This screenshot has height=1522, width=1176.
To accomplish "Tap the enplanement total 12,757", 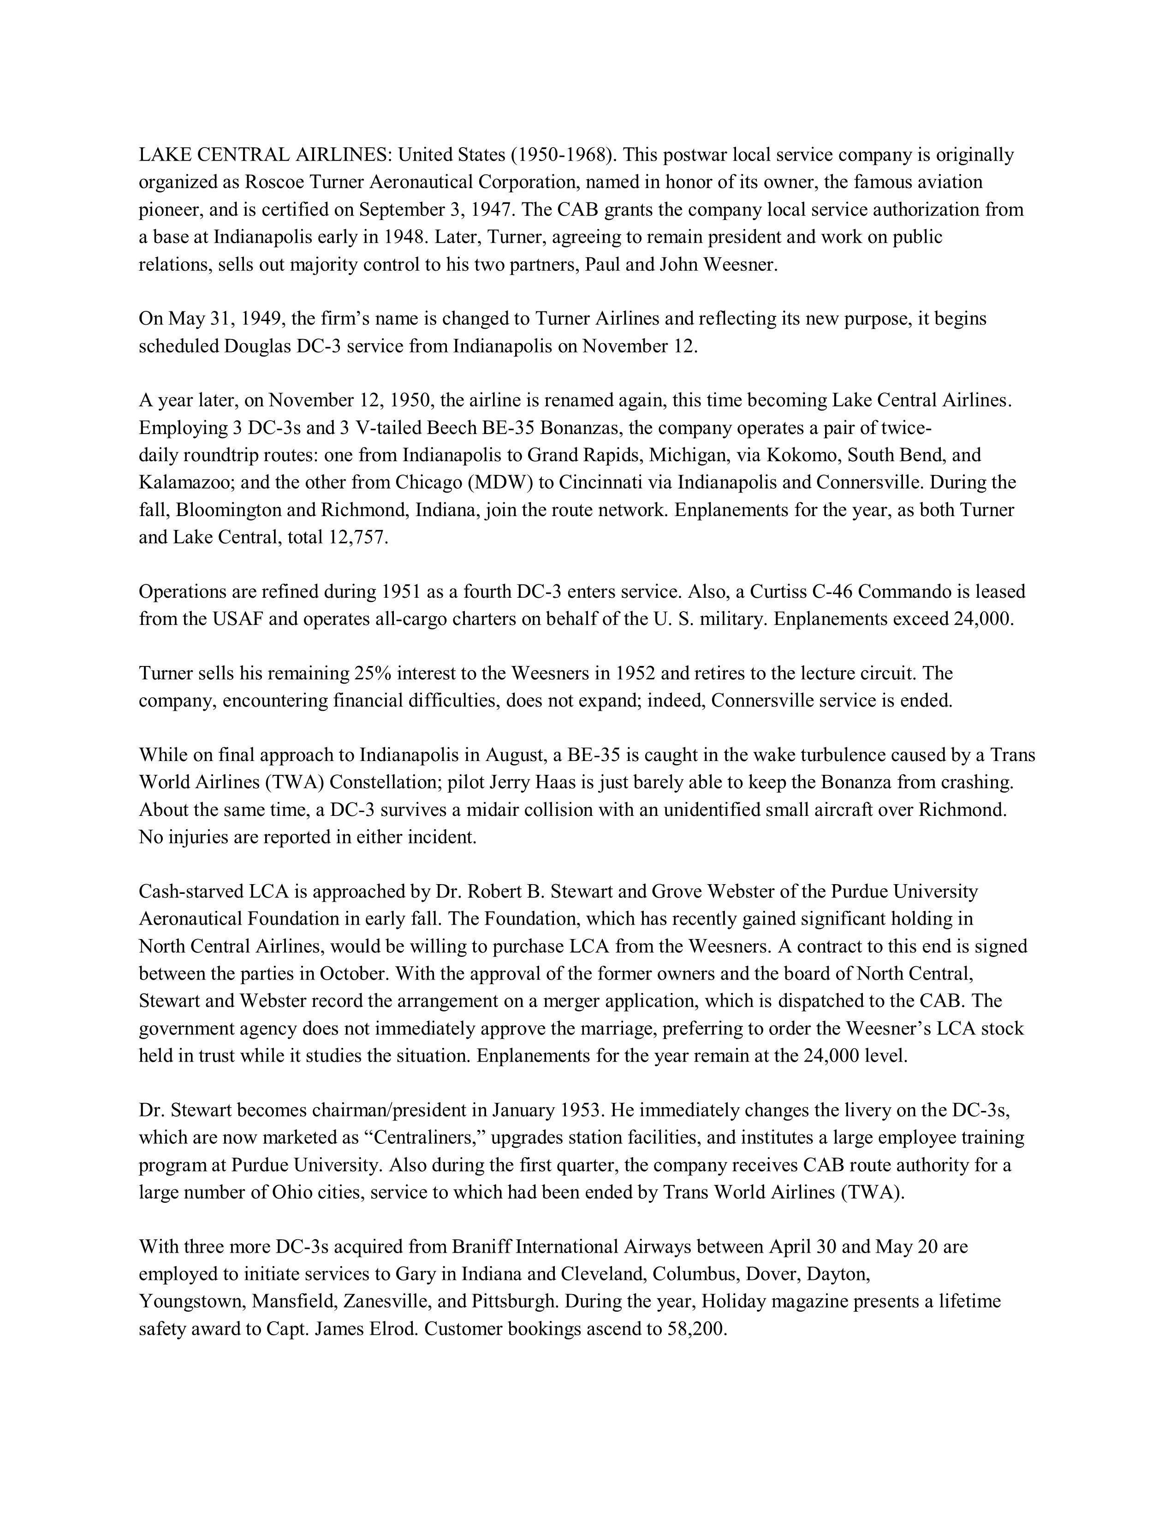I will pyautogui.click(x=356, y=537).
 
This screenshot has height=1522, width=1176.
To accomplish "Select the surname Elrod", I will pyautogui.click(x=393, y=1329).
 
